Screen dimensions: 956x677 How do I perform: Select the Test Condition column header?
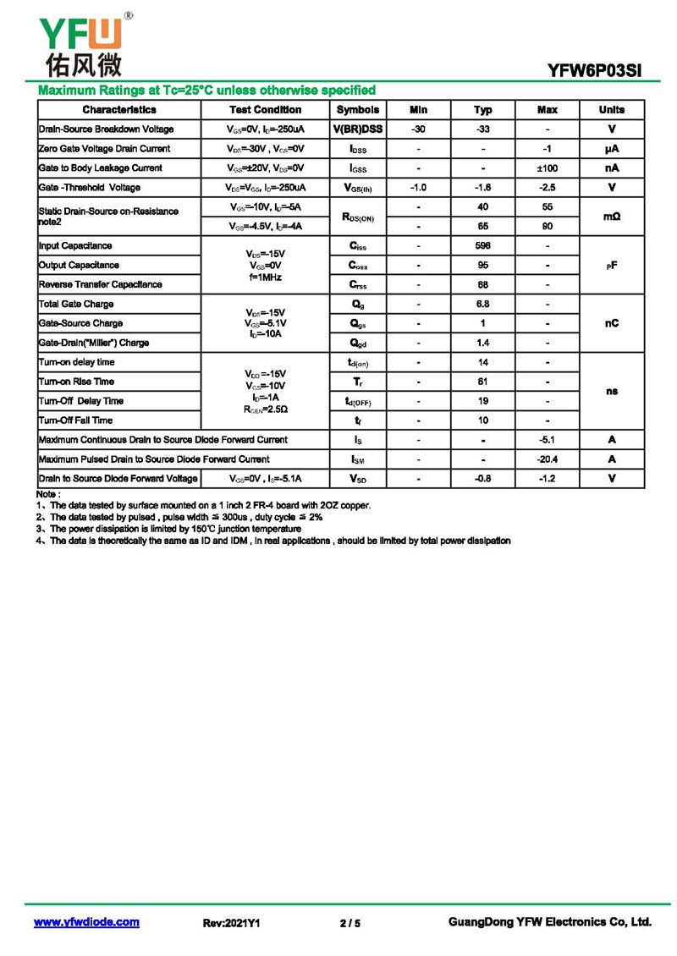tap(265, 110)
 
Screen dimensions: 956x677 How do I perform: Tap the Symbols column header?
tap(358, 110)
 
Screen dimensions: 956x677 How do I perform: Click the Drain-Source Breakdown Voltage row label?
tap(107, 129)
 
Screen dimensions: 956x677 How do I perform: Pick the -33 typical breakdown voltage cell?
tap(483, 129)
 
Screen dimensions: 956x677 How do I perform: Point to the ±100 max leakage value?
tap(548, 168)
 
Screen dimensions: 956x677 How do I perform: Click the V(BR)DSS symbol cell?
tap(358, 129)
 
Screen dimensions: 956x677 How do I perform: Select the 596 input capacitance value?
tap(483, 246)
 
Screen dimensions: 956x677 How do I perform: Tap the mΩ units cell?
tap(612, 217)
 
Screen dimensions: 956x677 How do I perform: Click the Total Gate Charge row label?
tap(76, 305)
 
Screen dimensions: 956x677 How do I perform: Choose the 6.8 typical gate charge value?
tap(483, 305)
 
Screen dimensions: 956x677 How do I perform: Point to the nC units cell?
tap(612, 323)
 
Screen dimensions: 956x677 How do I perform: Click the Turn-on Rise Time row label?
tap(76, 382)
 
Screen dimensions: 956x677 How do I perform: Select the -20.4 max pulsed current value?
tap(548, 459)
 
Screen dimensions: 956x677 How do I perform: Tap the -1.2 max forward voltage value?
tap(548, 479)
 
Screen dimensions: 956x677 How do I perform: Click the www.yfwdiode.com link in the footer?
tap(86, 922)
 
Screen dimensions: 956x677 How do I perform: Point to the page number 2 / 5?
tap(350, 923)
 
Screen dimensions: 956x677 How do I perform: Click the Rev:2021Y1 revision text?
tap(231, 923)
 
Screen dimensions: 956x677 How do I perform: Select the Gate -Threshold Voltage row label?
tap(90, 188)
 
